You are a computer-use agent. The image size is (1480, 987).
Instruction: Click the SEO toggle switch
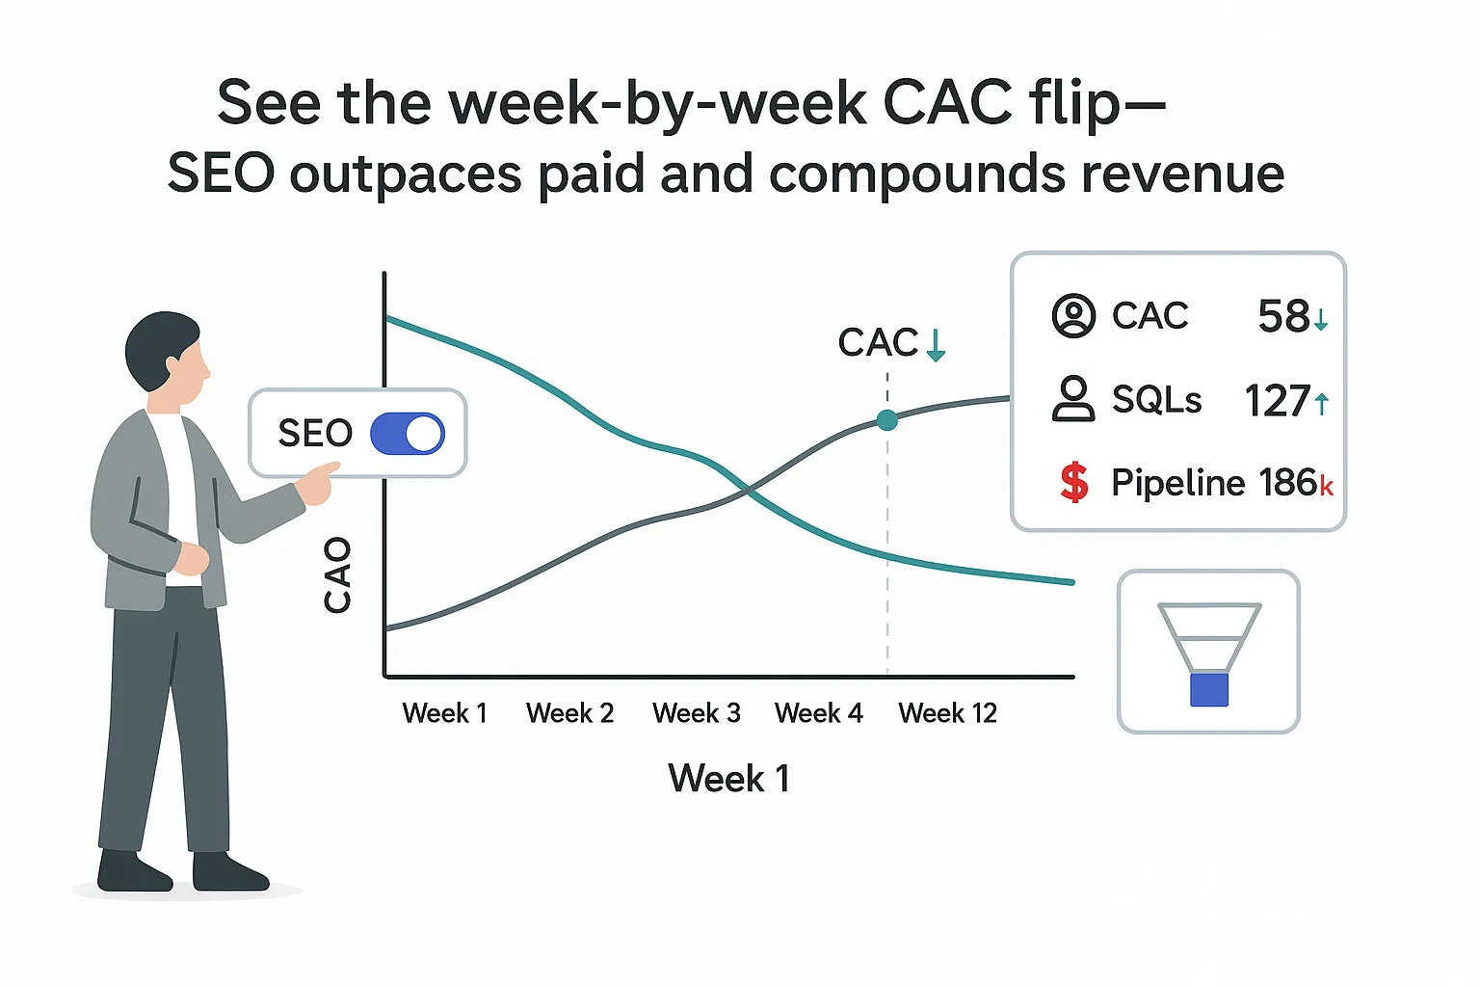(x=407, y=434)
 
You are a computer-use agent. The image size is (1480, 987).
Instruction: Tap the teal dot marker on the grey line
(x=887, y=420)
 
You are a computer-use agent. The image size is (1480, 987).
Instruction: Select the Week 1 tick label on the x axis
(x=444, y=713)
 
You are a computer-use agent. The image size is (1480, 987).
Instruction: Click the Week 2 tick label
(x=569, y=713)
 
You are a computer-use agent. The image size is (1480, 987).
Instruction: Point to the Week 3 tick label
(x=696, y=713)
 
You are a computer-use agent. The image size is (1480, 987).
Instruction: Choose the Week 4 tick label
(x=818, y=713)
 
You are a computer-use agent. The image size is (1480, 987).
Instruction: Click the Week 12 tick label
(x=947, y=713)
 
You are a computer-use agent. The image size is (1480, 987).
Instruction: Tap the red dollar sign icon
(x=1073, y=482)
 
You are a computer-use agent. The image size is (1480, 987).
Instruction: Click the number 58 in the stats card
(x=1283, y=316)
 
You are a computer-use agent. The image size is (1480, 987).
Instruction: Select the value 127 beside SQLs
(x=1277, y=401)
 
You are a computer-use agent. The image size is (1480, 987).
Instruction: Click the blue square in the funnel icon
(x=1208, y=690)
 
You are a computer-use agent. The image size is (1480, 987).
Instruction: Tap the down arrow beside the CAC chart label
(x=936, y=344)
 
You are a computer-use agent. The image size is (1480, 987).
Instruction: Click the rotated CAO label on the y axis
(x=337, y=575)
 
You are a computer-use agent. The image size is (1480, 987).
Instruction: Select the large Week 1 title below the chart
(x=728, y=778)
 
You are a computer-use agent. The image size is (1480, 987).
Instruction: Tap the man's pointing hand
(x=318, y=482)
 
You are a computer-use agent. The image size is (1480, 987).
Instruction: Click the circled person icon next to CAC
(x=1073, y=316)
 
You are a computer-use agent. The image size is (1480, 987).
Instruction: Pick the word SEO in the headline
(x=221, y=173)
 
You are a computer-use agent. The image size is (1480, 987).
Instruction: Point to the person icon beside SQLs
(x=1073, y=399)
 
